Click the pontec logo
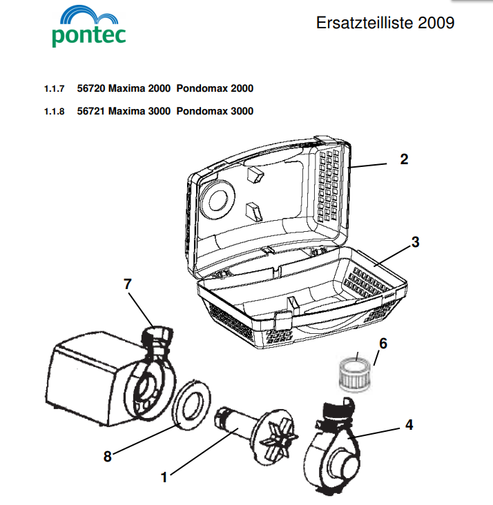click(x=88, y=26)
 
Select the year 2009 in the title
click(x=436, y=23)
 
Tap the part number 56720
click(x=91, y=88)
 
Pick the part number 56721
click(x=91, y=111)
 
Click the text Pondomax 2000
click(x=215, y=88)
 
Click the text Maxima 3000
click(x=139, y=111)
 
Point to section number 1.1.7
click(x=54, y=88)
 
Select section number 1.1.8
click(x=54, y=112)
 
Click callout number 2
click(x=404, y=159)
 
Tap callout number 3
click(x=415, y=242)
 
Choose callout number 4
click(x=409, y=425)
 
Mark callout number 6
click(x=383, y=344)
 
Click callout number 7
click(x=128, y=284)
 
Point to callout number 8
click(x=108, y=457)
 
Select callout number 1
click(x=164, y=477)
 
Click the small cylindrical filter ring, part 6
click(x=356, y=375)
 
